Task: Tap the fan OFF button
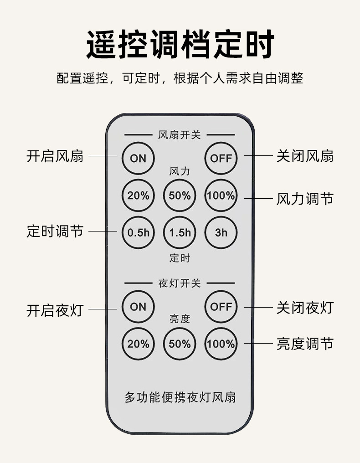pos(221,158)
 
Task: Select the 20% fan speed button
pos(138,195)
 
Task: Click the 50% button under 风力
pos(180,195)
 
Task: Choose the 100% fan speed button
pos(221,195)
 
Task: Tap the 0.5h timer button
pos(138,232)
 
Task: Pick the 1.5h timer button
pos(180,232)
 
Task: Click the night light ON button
pos(138,307)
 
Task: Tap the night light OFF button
pos(221,307)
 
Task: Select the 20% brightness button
pos(138,344)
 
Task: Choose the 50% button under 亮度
pos(180,344)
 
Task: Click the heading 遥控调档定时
pos(180,45)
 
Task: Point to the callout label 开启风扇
pos(55,156)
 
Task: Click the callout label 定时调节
pos(55,231)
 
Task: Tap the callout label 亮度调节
pos(305,344)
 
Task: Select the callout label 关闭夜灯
pos(305,308)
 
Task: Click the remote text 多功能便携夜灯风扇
pos(180,397)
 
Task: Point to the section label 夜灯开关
pos(180,283)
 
